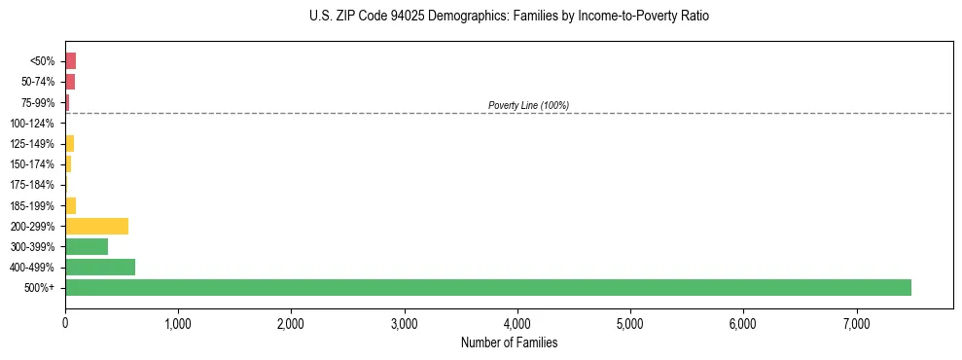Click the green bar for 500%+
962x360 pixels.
(x=487, y=287)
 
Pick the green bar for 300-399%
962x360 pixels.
(x=87, y=246)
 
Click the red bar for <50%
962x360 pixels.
(x=70, y=61)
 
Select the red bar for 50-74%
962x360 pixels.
(x=70, y=82)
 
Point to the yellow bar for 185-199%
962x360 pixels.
(x=70, y=205)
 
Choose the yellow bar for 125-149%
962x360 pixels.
(x=69, y=144)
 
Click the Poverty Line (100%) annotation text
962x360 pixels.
(x=528, y=105)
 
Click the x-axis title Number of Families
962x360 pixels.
(x=510, y=342)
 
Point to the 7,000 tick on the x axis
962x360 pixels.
(x=856, y=322)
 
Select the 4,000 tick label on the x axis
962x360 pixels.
(x=517, y=322)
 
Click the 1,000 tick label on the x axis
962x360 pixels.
(x=178, y=322)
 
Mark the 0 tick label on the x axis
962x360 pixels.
(x=65, y=322)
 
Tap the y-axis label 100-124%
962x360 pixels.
(x=32, y=124)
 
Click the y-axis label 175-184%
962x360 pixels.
(x=32, y=185)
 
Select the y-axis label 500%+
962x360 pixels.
(x=41, y=288)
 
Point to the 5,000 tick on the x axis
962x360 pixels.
(x=630, y=322)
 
